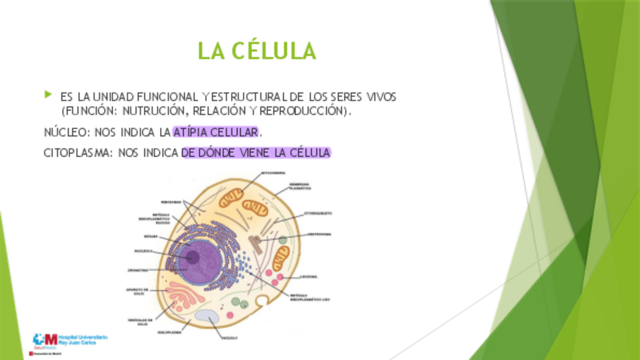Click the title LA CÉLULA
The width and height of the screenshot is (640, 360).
pyautogui.click(x=256, y=51)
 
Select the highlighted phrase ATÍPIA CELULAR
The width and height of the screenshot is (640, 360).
pyautogui.click(x=216, y=133)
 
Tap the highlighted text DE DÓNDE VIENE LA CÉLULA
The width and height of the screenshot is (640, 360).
pyautogui.click(x=256, y=152)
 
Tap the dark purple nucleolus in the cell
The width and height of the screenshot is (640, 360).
pyautogui.click(x=193, y=257)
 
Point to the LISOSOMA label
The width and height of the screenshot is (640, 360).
pyautogui.click(x=308, y=277)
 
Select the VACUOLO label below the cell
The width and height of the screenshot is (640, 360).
pyautogui.click(x=229, y=337)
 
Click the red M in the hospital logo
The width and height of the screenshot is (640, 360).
pyautogui.click(x=51, y=339)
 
